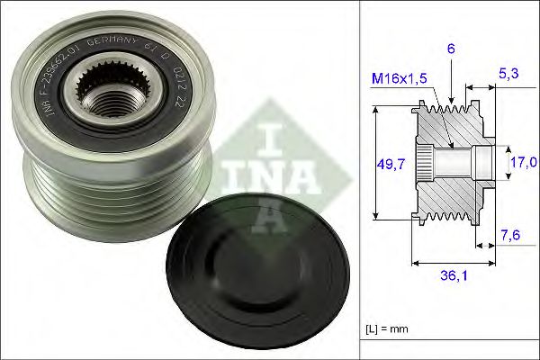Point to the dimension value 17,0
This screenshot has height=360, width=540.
523,162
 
